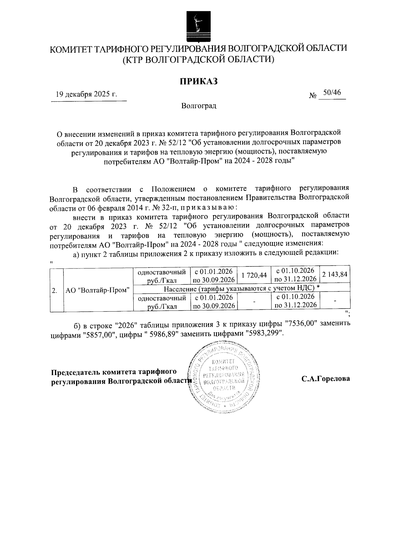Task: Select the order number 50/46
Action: coord(331,93)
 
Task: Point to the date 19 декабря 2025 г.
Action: coord(86,94)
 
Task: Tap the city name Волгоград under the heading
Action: coord(198,106)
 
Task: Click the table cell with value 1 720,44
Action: coord(254,275)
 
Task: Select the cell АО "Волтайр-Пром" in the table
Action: coord(97,290)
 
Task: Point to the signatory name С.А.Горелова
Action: coord(326,378)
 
